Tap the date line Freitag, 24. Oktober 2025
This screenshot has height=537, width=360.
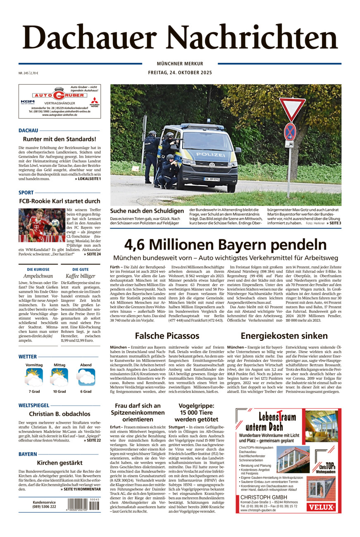pyautogui.click(x=180, y=73)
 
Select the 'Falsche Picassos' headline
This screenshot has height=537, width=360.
pyautogui.click(x=167, y=335)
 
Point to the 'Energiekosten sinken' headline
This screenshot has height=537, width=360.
pyautogui.click(x=284, y=335)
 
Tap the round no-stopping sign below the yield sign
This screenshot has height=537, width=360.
pyautogui.click(x=290, y=131)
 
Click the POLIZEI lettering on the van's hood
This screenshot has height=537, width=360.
pyautogui.click(x=210, y=154)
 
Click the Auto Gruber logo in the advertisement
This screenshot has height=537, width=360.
pyautogui.click(x=60, y=95)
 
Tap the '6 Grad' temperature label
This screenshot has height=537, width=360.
pyautogui.click(x=86, y=391)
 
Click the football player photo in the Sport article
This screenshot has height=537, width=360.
pyautogui.click(x=42, y=225)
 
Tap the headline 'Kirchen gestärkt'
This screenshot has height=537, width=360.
pyautogui.click(x=60, y=463)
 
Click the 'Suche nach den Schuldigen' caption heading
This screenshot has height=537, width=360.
pyautogui.click(x=147, y=211)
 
